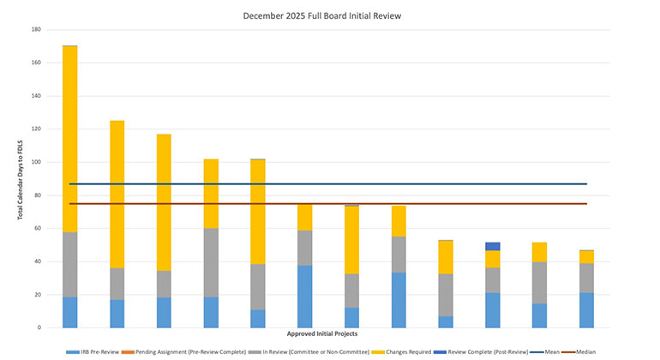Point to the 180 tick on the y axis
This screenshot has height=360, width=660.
click(36, 30)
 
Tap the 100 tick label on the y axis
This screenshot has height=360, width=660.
click(36, 162)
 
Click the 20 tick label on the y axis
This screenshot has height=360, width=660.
click(38, 295)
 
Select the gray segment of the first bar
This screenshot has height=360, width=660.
click(70, 265)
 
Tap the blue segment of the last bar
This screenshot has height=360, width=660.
click(586, 310)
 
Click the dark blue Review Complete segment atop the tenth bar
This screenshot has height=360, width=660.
click(492, 247)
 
